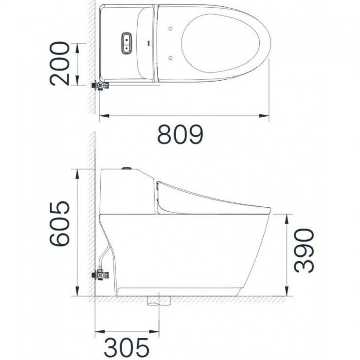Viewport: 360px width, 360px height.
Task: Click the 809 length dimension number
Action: pyautogui.click(x=180, y=134)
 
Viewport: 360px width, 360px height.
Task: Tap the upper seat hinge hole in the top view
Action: pyautogui.click(x=170, y=28)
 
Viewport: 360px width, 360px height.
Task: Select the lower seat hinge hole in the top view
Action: pyautogui.click(x=170, y=58)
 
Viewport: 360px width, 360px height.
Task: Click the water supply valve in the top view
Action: pyautogui.click(x=101, y=85)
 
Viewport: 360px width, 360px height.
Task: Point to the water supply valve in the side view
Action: pyautogui.click(x=101, y=274)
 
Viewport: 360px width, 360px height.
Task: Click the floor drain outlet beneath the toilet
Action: pyautogui.click(x=159, y=301)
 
